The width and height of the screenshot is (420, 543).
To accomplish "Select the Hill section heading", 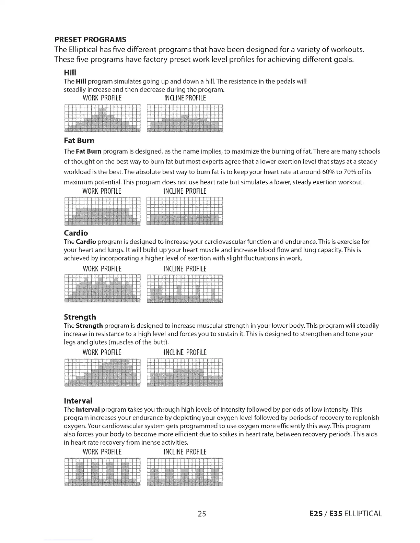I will [70, 72].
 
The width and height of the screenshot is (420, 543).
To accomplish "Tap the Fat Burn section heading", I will [79, 141].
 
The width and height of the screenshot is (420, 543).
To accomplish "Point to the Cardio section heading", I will [76, 233].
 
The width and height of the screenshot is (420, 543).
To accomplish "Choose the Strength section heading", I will [80, 317].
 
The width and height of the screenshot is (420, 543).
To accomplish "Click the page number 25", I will [202, 514].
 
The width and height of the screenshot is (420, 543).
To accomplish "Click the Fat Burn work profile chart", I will [102, 211].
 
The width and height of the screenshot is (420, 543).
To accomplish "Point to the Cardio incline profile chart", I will [185, 289].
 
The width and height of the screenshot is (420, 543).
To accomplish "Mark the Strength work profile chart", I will [102, 372].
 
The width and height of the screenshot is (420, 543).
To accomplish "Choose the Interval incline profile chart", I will [185, 472].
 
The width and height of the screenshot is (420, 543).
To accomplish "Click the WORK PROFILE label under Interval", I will [102, 452].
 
